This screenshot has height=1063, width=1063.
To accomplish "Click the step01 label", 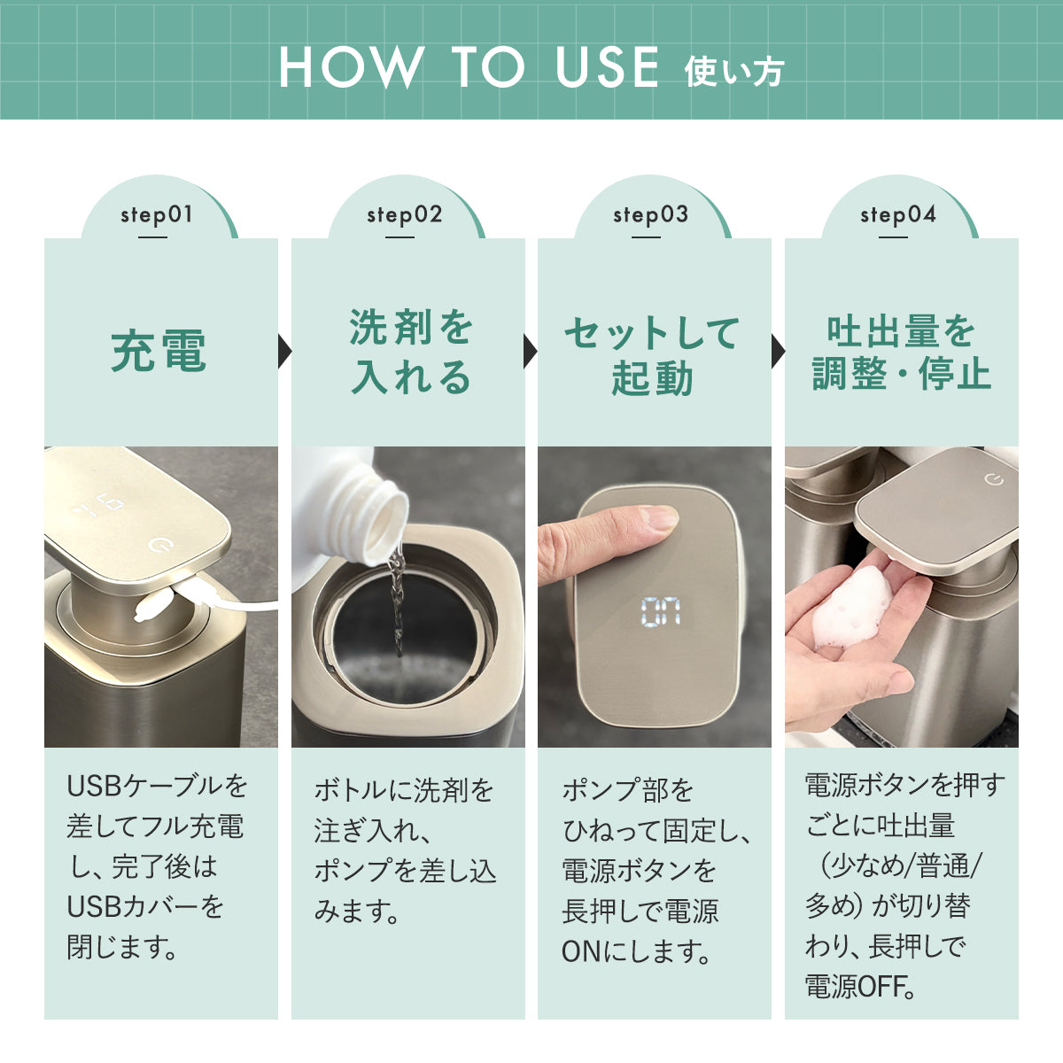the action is click(157, 215).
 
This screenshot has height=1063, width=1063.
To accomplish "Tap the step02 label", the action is click(404, 215).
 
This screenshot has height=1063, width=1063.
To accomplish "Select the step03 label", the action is click(651, 215).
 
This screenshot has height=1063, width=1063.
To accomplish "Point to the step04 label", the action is click(898, 215).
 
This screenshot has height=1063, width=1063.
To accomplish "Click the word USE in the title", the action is click(607, 66).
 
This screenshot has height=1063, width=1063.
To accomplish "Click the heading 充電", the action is click(159, 351).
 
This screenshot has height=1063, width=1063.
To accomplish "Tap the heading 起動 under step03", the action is click(652, 378).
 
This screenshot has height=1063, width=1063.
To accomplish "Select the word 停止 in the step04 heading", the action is click(954, 374).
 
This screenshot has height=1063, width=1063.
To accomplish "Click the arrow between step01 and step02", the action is click(284, 351).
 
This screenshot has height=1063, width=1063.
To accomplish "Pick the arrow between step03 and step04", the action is click(778, 351).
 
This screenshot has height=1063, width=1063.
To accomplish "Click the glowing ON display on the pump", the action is click(661, 612).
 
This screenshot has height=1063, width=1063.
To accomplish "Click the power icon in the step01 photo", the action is click(161, 546).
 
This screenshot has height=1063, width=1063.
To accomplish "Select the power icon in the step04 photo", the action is click(994, 479).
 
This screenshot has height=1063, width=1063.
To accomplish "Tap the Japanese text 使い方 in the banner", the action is click(734, 73).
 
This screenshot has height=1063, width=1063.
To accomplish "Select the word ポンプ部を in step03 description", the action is click(627, 790).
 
